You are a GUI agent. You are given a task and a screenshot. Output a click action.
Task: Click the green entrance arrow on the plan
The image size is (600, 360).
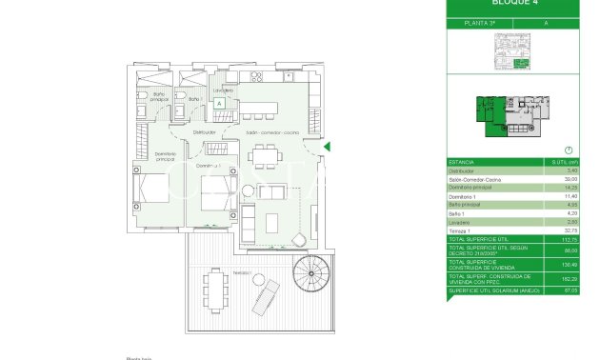[x=328, y=146]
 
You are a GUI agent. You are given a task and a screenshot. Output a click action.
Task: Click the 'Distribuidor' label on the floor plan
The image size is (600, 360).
[x=205, y=131]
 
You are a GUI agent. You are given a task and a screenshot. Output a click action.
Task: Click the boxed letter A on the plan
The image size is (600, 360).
[x=219, y=103]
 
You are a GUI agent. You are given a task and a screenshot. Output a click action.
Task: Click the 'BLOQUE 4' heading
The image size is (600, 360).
[x=511, y=4]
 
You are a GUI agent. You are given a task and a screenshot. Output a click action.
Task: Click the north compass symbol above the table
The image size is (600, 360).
[x=568, y=150]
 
